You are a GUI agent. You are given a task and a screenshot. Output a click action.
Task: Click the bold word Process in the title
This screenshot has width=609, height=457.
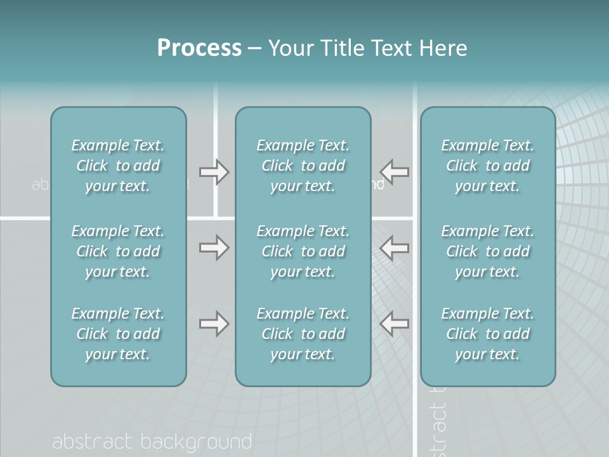pyautogui.click(x=199, y=48)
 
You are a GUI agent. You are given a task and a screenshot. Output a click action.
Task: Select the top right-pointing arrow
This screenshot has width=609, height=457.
pyautogui.click(x=214, y=172)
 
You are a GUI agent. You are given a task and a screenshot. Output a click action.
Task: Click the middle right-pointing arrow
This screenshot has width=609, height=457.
pyautogui.click(x=214, y=247)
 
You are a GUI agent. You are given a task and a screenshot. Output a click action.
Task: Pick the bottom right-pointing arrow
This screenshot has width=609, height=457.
pyautogui.click(x=214, y=324)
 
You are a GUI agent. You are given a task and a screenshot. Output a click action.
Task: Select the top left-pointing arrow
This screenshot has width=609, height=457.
pyautogui.click(x=395, y=172)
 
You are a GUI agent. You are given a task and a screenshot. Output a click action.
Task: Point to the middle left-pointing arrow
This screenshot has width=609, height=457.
pyautogui.click(x=395, y=247)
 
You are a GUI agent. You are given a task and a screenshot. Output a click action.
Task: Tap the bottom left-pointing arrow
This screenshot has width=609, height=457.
pyautogui.click(x=395, y=324)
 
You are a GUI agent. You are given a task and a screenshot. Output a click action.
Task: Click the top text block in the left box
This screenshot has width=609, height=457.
pyautogui.click(x=118, y=166)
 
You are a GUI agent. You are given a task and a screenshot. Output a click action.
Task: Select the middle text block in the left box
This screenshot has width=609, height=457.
pyautogui.click(x=118, y=251)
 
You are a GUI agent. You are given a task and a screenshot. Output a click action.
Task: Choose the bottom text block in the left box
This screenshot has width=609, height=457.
pyautogui.click(x=118, y=334)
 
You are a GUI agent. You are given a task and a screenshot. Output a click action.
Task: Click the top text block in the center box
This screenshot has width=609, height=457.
pyautogui.click(x=303, y=166)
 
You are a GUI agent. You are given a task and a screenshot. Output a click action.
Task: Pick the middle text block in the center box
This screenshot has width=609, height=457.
pyautogui.click(x=303, y=251)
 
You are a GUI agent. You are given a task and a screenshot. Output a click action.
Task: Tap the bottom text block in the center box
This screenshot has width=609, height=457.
pyautogui.click(x=303, y=334)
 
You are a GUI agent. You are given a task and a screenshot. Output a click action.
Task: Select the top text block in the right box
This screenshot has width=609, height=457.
pyautogui.click(x=487, y=166)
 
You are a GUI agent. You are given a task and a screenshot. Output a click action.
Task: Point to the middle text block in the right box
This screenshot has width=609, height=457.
pyautogui.click(x=487, y=251)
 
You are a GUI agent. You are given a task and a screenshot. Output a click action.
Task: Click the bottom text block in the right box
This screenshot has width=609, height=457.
pyautogui.click(x=487, y=334)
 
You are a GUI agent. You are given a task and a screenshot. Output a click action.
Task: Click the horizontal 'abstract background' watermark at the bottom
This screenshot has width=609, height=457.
pyautogui.click(x=152, y=442)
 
